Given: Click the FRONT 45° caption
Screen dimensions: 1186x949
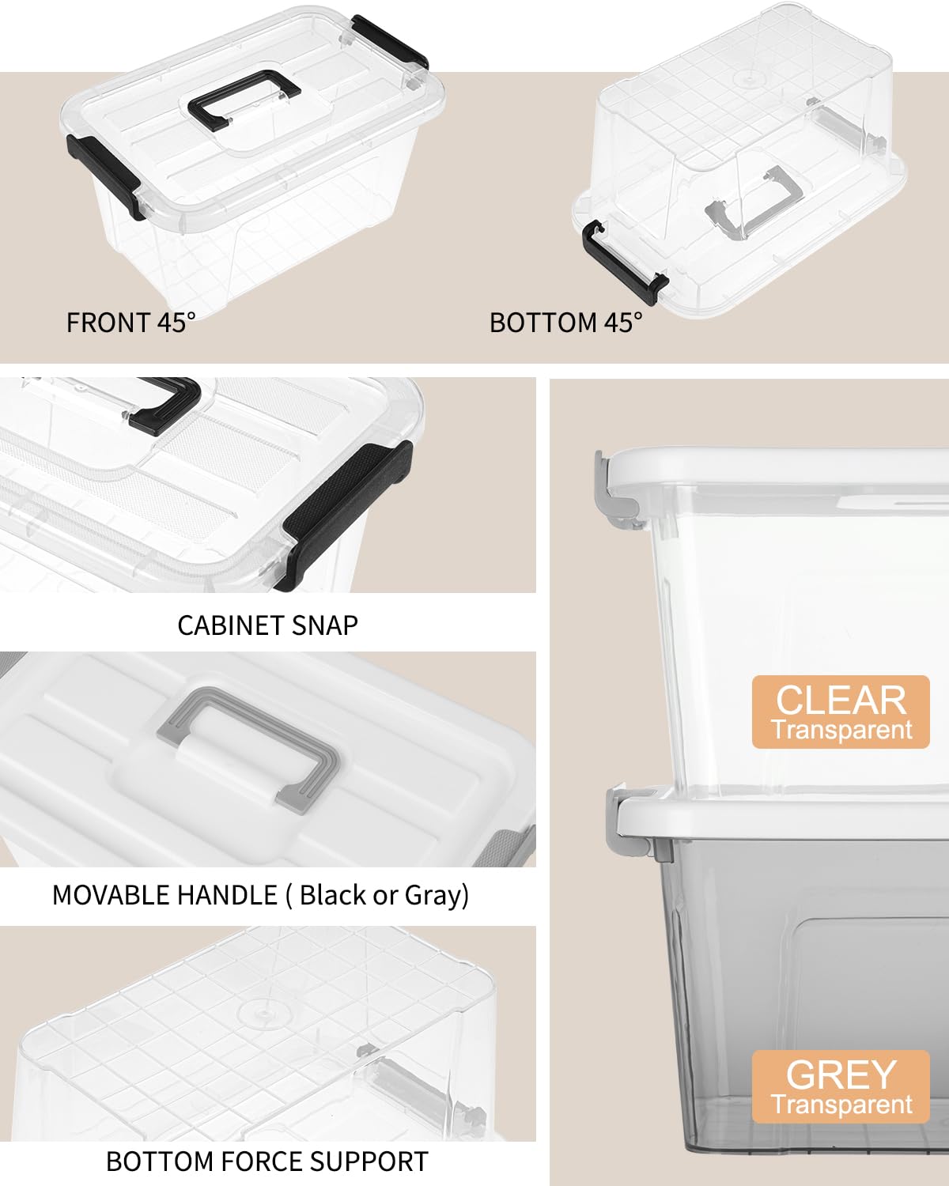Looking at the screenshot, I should coord(130,323).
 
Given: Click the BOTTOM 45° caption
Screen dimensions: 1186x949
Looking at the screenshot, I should coord(566,323).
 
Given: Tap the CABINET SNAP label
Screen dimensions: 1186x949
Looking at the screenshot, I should coord(267,625).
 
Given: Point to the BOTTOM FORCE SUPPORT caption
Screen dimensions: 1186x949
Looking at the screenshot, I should coord(267,1161).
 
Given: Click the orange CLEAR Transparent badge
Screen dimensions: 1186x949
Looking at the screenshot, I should coord(840,712).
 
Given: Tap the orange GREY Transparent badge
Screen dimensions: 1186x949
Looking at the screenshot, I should coord(840,1086).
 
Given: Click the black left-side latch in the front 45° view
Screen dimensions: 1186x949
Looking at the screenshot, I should coord(103,170).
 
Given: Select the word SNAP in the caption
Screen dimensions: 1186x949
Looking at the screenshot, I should coord(324,625).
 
